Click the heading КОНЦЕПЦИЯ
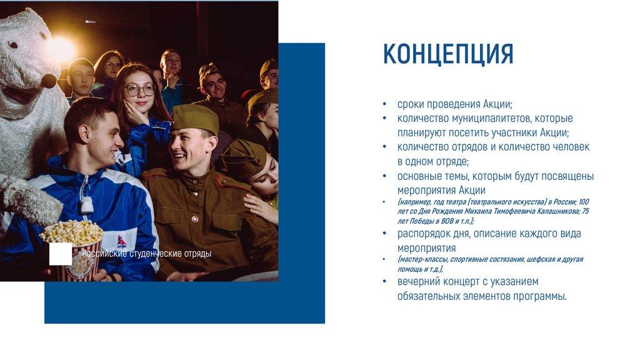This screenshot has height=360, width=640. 447,54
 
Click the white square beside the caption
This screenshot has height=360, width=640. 61,254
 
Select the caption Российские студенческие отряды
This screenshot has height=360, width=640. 146,254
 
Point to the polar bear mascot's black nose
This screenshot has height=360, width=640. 49,81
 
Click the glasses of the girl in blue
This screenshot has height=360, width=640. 139,90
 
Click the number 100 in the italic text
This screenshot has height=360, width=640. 584,202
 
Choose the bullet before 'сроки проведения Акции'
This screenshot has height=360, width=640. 384,104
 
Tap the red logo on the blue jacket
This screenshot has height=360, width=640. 121,241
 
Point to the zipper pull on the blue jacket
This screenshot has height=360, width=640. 87,204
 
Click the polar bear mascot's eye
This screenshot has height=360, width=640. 12,44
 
